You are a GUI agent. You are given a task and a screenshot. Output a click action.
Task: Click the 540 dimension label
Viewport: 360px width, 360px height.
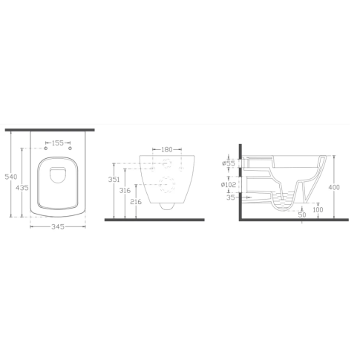(11, 177)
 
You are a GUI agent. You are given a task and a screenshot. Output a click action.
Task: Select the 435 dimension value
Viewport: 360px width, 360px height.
(22, 188)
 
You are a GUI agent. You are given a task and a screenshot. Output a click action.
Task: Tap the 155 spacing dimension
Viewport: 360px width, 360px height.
(58, 143)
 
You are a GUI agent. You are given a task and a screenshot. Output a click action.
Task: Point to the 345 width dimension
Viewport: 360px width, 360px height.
(58, 226)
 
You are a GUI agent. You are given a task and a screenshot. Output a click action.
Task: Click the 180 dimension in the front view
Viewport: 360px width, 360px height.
(167, 149)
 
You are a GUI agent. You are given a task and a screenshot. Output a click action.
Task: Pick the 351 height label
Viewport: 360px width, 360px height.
(114, 180)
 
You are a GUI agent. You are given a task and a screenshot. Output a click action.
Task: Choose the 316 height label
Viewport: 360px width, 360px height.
(125, 190)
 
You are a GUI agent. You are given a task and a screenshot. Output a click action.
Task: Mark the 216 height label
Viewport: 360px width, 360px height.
(136, 202)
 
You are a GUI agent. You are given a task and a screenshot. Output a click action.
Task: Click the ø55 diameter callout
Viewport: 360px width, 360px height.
(228, 163)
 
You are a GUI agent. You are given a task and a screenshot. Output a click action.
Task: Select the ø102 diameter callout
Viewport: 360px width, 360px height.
(229, 184)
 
